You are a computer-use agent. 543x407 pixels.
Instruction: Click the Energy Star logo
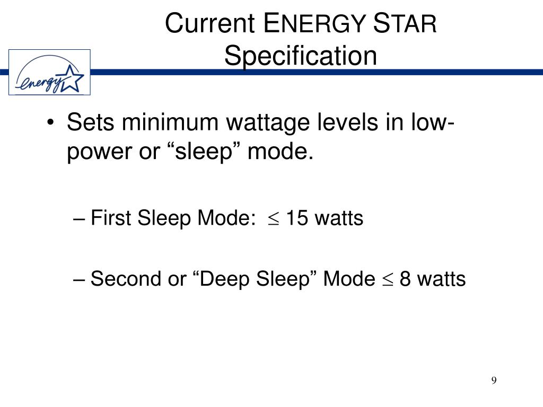pyautogui.click(x=50, y=72)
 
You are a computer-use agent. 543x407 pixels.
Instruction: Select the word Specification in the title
pyautogui.click(x=300, y=56)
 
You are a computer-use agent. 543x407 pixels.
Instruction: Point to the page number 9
pyautogui.click(x=494, y=381)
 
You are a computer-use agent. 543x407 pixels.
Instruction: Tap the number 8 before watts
pyautogui.click(x=405, y=278)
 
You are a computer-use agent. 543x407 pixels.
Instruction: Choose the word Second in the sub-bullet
pyautogui.click(x=125, y=278)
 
